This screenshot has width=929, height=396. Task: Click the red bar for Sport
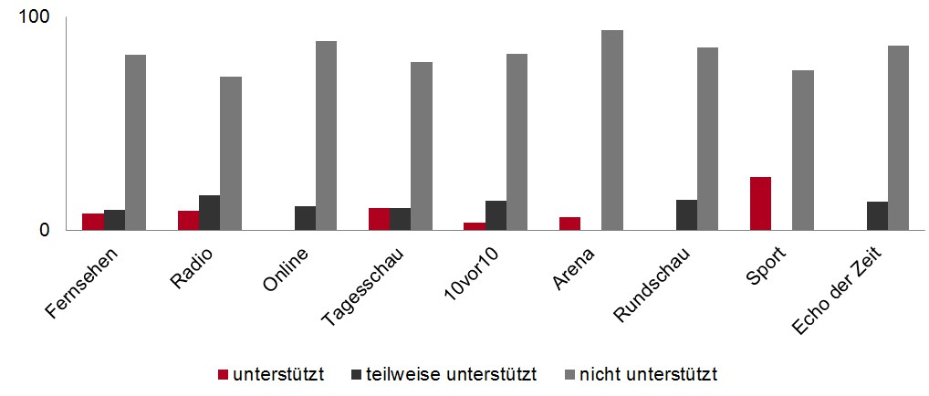tap(760, 203)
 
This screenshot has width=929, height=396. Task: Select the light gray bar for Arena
tap(611, 130)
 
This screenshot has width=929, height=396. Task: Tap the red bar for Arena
tap(569, 223)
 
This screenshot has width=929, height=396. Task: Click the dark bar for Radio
tap(209, 212)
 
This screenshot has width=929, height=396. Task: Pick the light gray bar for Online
tap(326, 135)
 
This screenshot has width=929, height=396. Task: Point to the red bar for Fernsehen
tap(93, 221)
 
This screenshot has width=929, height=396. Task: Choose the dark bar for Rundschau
tap(686, 214)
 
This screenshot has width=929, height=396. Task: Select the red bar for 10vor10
tap(474, 225)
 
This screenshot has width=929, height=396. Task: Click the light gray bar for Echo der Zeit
tap(898, 137)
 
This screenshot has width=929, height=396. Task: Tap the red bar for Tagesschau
tap(379, 218)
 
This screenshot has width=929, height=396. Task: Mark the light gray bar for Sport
tap(802, 150)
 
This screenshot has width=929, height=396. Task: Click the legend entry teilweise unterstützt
tap(451, 374)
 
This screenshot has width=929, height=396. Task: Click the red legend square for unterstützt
tap(223, 374)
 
